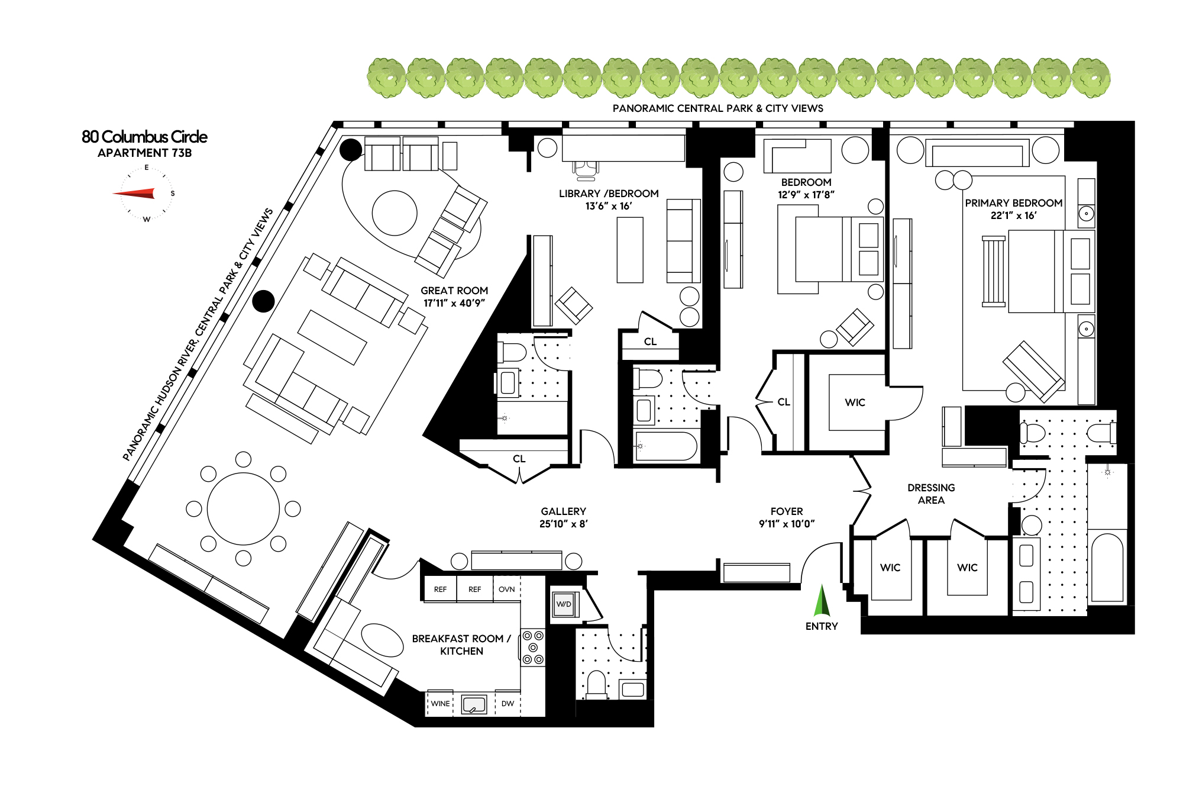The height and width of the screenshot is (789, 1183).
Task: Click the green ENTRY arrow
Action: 822,601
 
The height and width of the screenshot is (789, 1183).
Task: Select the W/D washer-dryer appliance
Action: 564,604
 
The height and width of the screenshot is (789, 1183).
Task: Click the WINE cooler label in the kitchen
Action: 440,704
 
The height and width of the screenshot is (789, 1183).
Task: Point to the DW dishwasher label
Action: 508,704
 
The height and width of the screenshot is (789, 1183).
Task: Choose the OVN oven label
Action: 506,590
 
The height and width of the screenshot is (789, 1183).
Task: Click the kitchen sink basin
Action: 474,704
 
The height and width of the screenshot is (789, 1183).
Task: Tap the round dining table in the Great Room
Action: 243,509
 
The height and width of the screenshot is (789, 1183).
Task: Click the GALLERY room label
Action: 563,511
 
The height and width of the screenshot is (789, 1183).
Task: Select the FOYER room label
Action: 787,511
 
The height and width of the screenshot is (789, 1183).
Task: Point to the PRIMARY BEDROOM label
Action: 1014,203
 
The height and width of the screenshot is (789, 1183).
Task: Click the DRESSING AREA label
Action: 931,494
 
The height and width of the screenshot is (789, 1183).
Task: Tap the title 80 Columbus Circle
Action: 144,137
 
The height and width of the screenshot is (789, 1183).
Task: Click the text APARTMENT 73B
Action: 144,153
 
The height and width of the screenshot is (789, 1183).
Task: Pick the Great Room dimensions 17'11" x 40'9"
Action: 454,303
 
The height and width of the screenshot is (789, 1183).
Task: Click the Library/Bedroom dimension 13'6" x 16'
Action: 609,206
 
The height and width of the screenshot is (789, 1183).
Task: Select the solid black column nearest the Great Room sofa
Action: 263,301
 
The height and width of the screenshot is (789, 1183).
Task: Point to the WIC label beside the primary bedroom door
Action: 855,402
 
